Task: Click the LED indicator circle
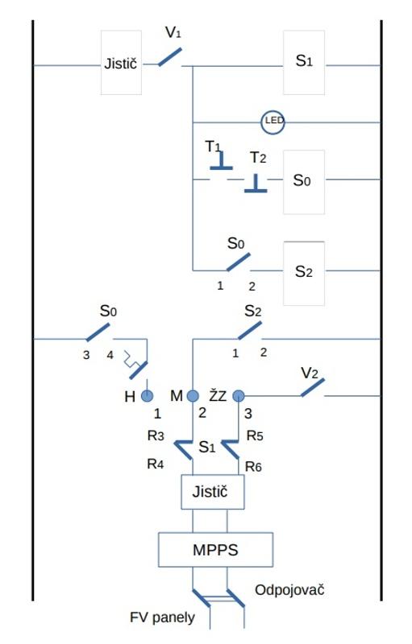[273, 122]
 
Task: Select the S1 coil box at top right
[304, 63]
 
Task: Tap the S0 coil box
[304, 182]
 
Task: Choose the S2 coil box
[304, 274]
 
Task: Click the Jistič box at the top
[121, 63]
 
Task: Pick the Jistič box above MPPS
[213, 492]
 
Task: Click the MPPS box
[215, 550]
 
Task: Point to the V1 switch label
[173, 32]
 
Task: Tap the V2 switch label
[310, 374]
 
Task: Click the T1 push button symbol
[221, 161]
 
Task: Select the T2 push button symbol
[256, 184]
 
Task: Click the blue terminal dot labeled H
[148, 396]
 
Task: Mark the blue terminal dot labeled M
[193, 396]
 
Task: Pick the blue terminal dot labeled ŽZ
[239, 396]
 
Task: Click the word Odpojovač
[289, 590]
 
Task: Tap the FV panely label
[162, 617]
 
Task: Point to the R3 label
[156, 436]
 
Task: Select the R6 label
[253, 467]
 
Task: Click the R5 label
[255, 436]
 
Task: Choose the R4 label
[156, 464]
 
